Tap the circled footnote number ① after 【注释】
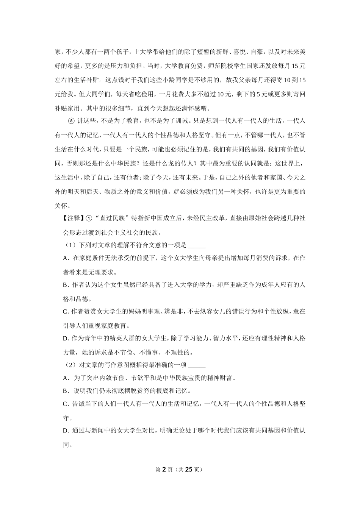(x=89, y=218)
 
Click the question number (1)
(x=71, y=245)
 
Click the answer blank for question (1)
(x=196, y=245)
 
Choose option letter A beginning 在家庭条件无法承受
(x=65, y=258)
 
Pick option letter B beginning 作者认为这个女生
(x=65, y=285)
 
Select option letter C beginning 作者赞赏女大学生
(x=65, y=312)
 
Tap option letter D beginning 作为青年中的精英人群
(x=65, y=338)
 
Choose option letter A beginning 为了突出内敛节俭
(x=65, y=378)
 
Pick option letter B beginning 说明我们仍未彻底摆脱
(x=65, y=391)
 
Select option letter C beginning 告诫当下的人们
(x=65, y=404)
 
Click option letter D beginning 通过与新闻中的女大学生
(x=65, y=431)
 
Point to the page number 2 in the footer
(x=164, y=469)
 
